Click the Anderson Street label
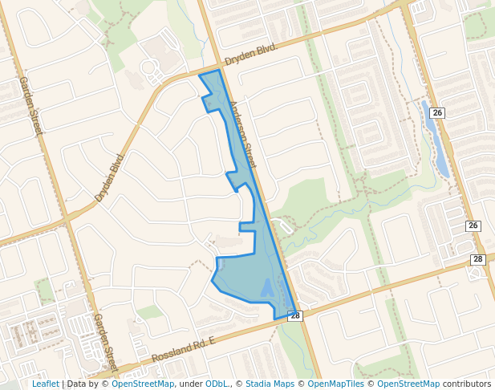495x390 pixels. [x=241, y=134]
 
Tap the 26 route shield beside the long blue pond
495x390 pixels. [x=437, y=113]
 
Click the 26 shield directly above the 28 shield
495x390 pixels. [x=473, y=225]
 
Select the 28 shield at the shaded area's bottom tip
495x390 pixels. [x=295, y=316]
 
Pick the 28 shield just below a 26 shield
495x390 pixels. [x=478, y=259]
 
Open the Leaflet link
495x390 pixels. [x=45, y=384]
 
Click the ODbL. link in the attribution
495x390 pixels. [x=216, y=384]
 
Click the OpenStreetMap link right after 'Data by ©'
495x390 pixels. [x=143, y=384]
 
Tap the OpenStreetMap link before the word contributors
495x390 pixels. [x=408, y=384]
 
